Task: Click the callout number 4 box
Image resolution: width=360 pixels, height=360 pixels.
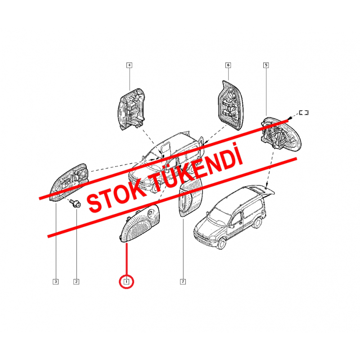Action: click(x=129, y=65)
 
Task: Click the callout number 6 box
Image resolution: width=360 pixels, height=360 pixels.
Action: click(x=228, y=65)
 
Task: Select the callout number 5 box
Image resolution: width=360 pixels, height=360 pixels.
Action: click(x=266, y=65)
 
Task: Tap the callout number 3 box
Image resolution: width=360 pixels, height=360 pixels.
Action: click(x=55, y=282)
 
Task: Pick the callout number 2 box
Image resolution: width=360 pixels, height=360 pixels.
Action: click(x=76, y=282)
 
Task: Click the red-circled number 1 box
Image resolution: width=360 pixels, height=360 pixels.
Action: click(x=126, y=282)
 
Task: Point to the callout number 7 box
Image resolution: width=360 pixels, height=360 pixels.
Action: click(x=183, y=282)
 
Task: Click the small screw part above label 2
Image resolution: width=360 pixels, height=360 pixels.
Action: click(x=75, y=204)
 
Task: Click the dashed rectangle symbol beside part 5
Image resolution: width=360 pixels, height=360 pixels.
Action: click(x=304, y=112)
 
